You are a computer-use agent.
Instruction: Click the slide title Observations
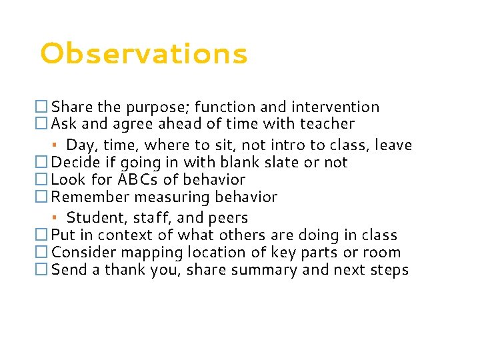[x=143, y=54]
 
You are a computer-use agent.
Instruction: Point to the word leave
[x=393, y=145]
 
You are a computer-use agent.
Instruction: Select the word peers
[x=228, y=218]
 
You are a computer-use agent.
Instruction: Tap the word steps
[x=388, y=271]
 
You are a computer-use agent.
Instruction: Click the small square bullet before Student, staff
[x=59, y=217]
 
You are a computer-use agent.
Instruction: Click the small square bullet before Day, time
[x=59, y=145]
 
